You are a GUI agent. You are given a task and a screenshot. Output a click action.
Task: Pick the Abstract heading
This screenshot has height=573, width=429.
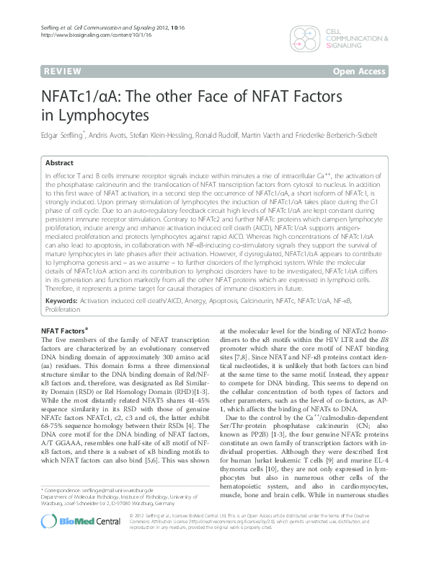[60, 164]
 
